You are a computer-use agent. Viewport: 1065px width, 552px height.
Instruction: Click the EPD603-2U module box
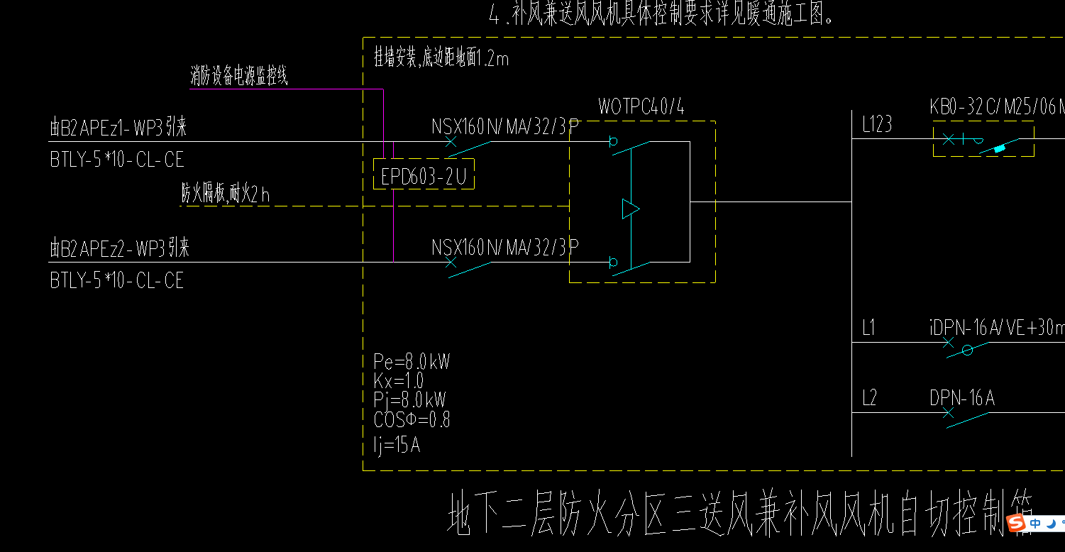424,175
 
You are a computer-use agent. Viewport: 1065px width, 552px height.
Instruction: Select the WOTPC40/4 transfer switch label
641,107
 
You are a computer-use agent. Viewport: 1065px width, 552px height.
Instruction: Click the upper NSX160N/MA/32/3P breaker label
505,127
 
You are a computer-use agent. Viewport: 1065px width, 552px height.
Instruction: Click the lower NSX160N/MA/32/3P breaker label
505,248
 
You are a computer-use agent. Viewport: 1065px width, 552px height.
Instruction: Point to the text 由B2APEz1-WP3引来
118,128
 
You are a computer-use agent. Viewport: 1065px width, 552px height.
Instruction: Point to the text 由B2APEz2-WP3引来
119,248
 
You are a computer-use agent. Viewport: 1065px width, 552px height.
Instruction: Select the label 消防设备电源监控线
238,77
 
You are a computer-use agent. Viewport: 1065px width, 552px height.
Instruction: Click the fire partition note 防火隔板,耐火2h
226,194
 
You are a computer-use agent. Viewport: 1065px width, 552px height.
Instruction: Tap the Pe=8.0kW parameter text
412,362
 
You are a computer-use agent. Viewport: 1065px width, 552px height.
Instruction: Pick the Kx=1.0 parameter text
398,380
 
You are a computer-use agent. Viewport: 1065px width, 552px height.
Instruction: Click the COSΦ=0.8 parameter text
412,419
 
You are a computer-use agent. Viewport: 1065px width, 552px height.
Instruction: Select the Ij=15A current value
397,446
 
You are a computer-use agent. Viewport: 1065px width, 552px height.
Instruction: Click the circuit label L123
877,125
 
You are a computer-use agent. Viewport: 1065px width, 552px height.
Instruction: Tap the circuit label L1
869,328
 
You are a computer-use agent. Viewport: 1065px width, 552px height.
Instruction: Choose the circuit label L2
870,398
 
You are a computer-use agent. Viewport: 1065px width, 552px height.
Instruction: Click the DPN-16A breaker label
962,399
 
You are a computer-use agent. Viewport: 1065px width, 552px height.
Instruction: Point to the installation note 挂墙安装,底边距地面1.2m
441,58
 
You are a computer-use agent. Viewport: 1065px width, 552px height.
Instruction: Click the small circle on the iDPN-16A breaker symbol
966,350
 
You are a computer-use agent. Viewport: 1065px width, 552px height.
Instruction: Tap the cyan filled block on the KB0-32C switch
1000,148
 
